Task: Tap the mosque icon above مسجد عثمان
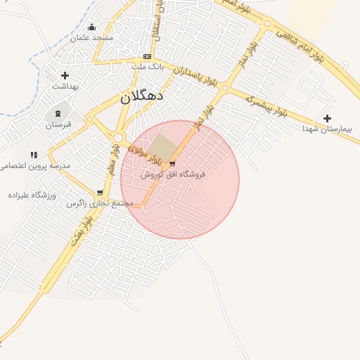[91, 27]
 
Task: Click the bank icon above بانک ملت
[147, 56]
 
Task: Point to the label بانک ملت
[147, 66]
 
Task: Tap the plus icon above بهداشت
[65, 75]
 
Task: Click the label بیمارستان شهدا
[330, 129]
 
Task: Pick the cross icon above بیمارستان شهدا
[327, 118]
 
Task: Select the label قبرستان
[59, 125]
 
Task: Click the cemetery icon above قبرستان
[58, 113]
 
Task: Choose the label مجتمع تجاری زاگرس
[100, 203]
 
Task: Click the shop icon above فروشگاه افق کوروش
[172, 164]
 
